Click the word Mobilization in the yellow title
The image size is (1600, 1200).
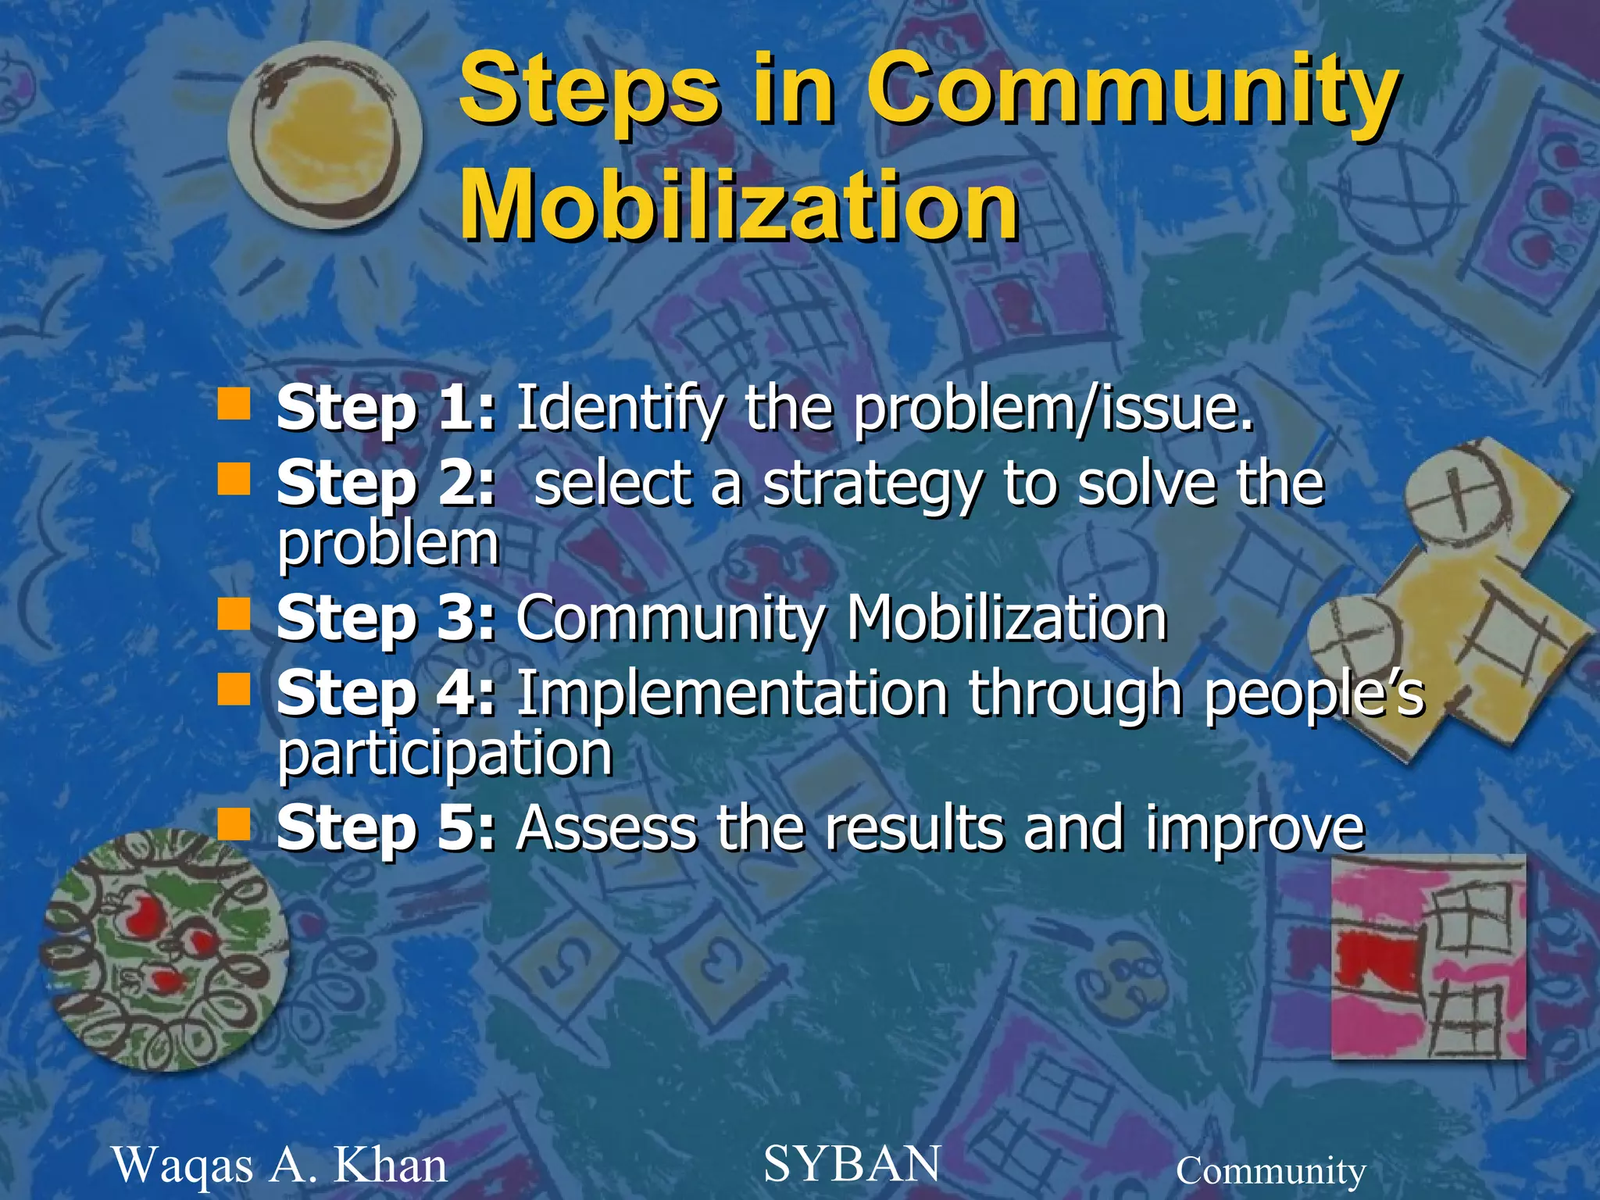pos(738,205)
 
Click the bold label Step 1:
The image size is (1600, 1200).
pos(386,408)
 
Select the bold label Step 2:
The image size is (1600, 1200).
pos(386,484)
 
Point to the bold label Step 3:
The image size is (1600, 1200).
pos(386,619)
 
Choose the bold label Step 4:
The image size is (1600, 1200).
pos(386,694)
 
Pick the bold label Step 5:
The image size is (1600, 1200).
pos(386,828)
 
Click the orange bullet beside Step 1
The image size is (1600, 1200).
pos(234,405)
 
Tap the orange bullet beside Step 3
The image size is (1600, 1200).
pos(234,615)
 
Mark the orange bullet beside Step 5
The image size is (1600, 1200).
pos(234,824)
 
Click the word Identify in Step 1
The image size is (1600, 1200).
pos(619,409)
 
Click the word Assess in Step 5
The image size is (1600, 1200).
pos(605,828)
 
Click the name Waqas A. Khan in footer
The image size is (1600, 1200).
pos(280,1165)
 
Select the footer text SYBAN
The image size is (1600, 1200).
pos(852,1163)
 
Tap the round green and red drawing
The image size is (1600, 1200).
pos(165,949)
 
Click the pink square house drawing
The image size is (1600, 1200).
pos(1428,957)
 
